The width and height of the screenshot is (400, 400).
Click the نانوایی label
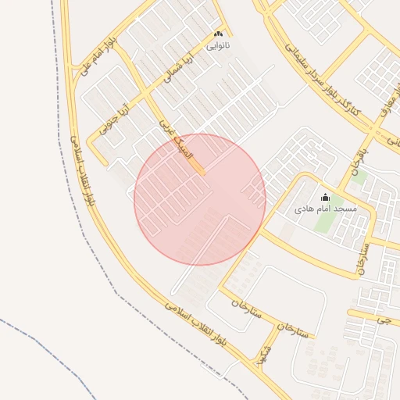(x=218, y=47)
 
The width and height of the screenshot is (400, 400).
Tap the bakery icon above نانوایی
(x=218, y=34)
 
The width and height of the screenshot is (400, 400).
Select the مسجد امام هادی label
(x=326, y=209)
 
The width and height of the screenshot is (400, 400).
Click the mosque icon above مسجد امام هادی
(x=326, y=197)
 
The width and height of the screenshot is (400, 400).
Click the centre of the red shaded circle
(x=200, y=199)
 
